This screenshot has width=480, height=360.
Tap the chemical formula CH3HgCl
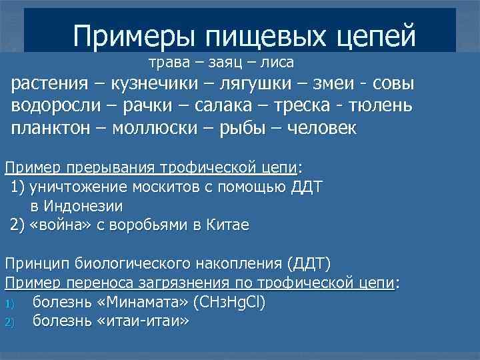click(229, 302)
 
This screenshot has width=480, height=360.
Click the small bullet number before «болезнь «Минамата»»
click(9, 303)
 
